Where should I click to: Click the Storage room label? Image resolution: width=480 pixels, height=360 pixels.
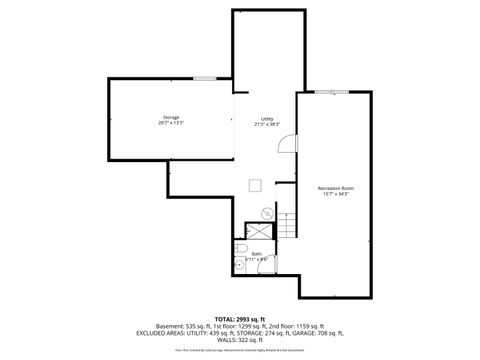tap(171, 118)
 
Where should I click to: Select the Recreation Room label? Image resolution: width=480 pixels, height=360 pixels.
tap(336, 188)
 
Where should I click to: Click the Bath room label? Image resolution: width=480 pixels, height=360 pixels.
tap(256, 254)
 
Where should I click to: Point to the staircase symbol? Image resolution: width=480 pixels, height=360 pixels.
tap(286, 225)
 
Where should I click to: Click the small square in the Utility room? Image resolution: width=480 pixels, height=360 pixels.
tap(256, 183)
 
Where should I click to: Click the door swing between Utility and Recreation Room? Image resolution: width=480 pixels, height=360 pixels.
tap(288, 141)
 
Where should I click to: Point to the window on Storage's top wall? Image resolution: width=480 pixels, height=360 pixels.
tap(205, 78)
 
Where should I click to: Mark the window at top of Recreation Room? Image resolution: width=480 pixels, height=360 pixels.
tap(325, 92)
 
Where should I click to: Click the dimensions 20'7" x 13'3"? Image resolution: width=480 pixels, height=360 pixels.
tap(171, 124)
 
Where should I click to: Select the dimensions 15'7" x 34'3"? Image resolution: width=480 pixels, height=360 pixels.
tap(336, 194)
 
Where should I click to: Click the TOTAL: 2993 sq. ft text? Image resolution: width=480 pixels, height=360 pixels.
tap(240, 318)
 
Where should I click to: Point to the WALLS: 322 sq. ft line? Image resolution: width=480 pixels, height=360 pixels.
tap(240, 340)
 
